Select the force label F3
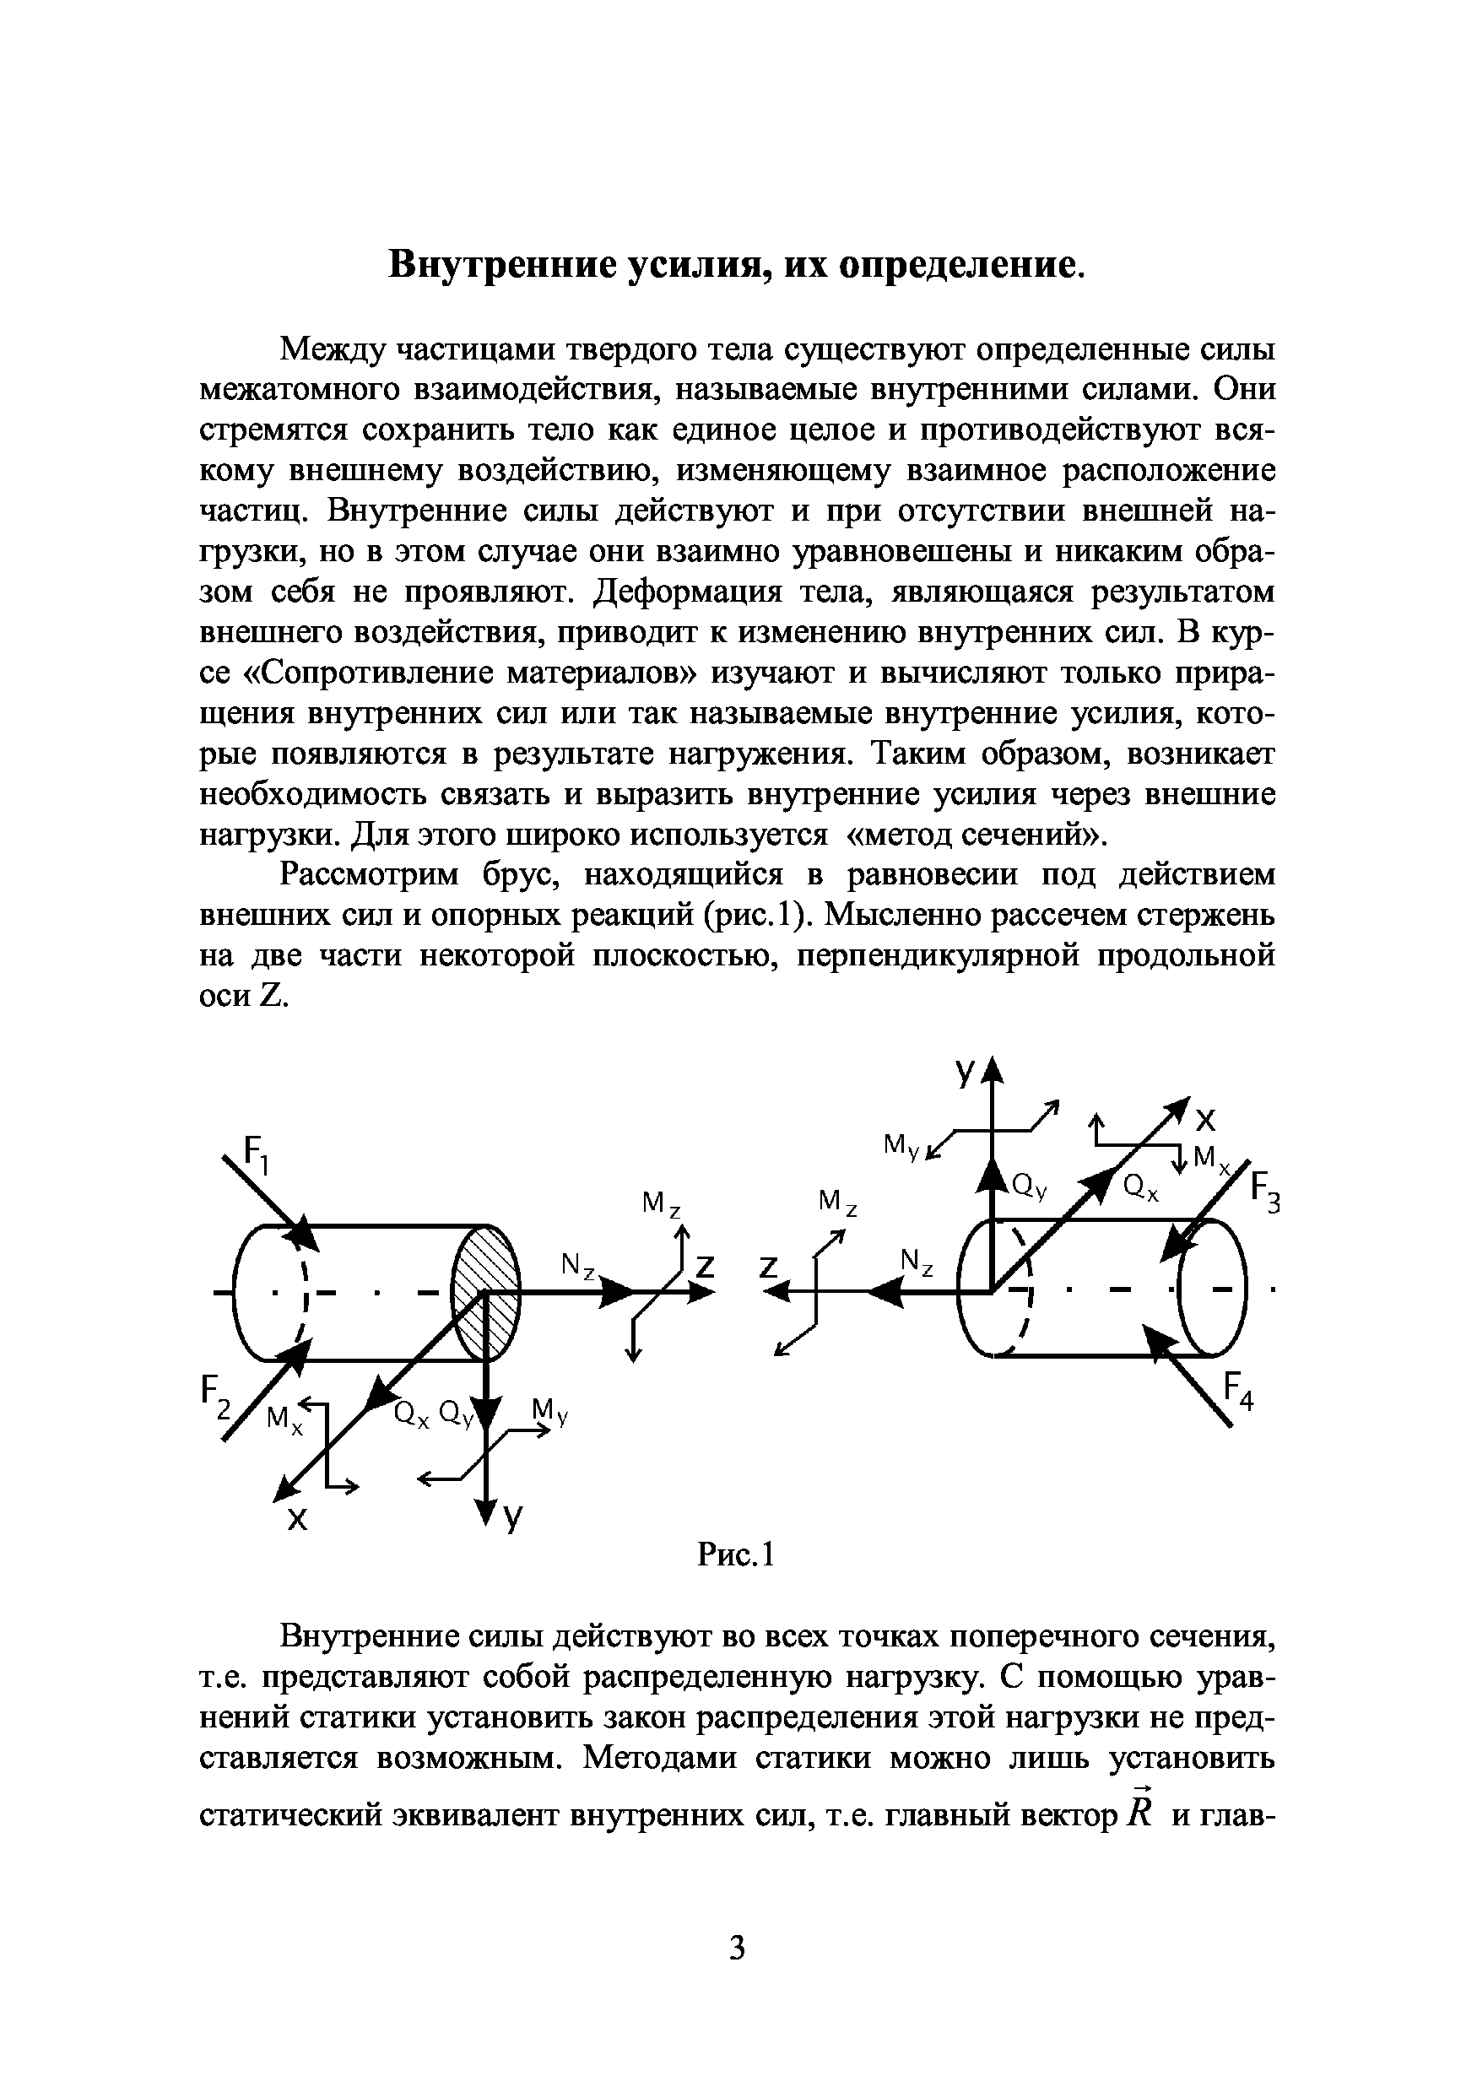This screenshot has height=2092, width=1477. [1266, 1193]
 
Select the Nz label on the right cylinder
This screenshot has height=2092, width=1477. [917, 1262]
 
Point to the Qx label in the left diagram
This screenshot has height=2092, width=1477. [411, 1414]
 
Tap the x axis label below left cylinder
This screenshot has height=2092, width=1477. [297, 1519]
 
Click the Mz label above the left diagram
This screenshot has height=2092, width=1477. [662, 1204]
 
